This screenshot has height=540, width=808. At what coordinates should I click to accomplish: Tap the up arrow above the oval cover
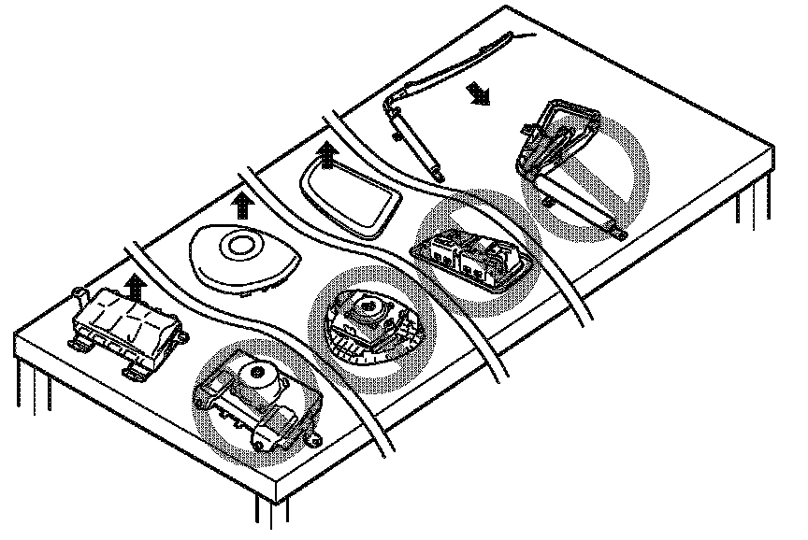coord(244,202)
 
